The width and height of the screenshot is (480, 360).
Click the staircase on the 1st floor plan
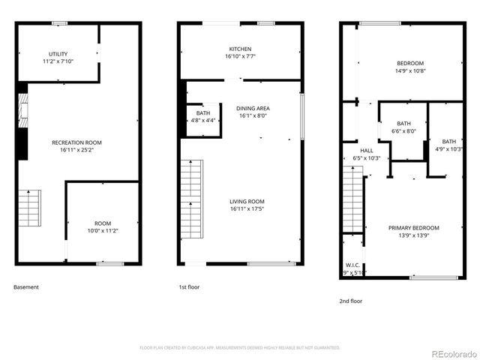[191, 195]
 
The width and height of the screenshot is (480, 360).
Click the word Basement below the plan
[26, 286]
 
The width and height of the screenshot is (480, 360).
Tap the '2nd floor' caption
[351, 300]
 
